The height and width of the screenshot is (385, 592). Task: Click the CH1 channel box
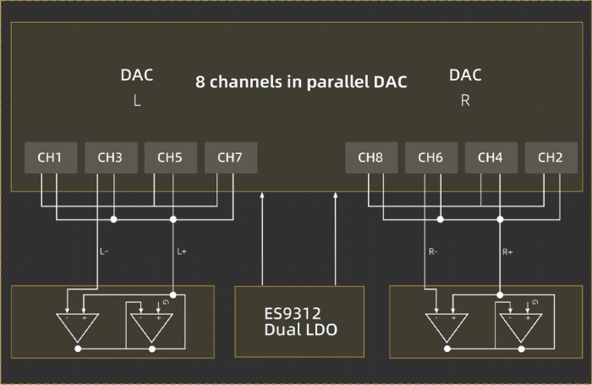[51, 157]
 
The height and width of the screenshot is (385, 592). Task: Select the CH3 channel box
[110, 157]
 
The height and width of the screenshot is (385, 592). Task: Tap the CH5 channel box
[170, 157]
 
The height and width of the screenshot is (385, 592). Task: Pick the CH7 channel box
[230, 157]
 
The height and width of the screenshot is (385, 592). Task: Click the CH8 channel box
[370, 157]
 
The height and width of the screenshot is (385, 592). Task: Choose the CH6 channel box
[430, 157]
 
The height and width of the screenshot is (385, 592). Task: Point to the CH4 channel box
[491, 157]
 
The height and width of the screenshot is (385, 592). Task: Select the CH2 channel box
[551, 157]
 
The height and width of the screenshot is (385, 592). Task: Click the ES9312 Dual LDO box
[299, 320]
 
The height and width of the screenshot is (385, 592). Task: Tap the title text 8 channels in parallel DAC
[301, 83]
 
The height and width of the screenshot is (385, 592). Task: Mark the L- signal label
[103, 251]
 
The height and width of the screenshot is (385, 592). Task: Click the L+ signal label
[182, 251]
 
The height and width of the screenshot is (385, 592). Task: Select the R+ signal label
[508, 251]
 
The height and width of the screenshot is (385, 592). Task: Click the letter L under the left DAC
[136, 100]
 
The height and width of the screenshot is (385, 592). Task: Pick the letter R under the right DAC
[465, 100]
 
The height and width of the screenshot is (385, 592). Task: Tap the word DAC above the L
[136, 75]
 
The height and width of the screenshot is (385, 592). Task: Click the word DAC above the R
[465, 75]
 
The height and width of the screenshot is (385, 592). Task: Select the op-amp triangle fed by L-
[78, 326]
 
